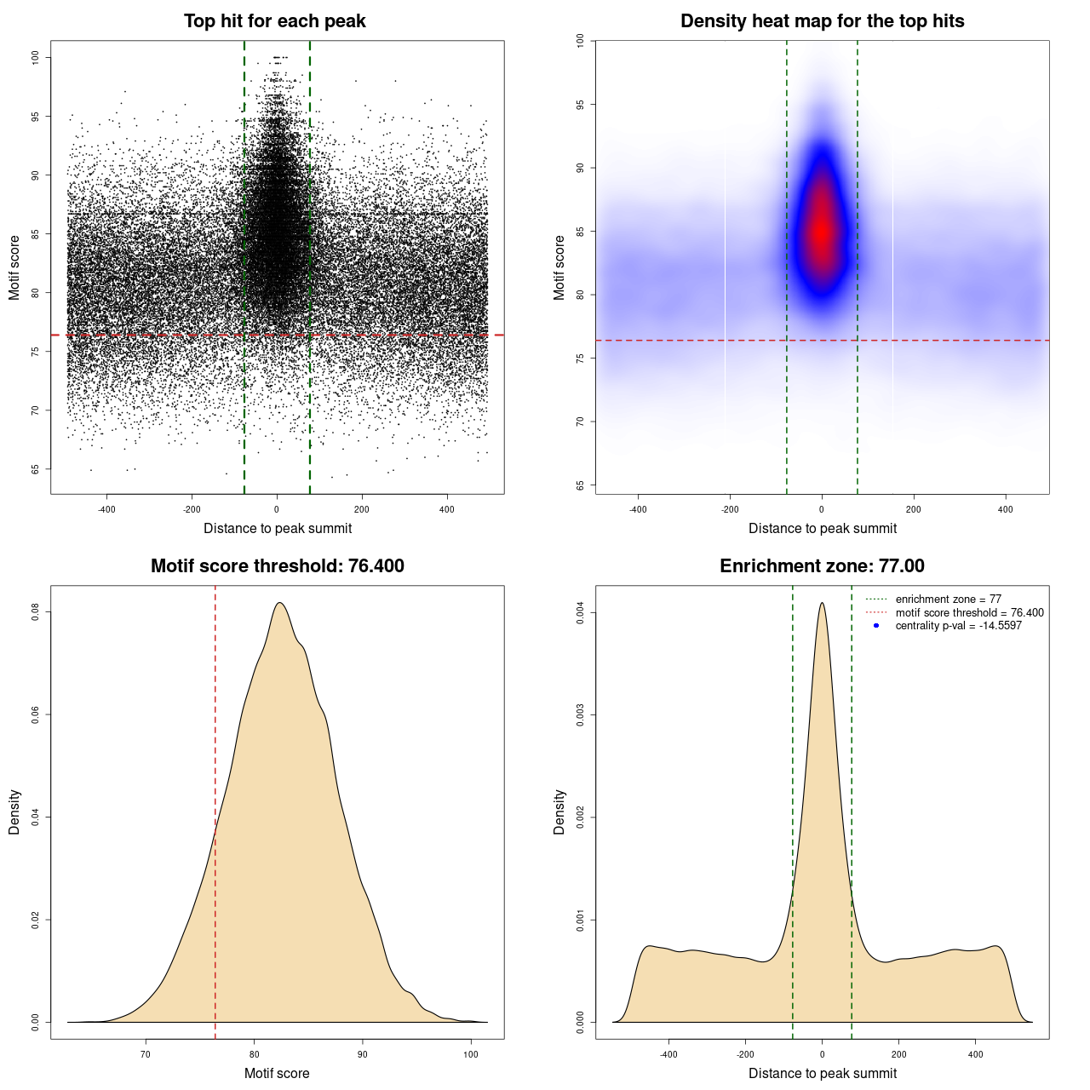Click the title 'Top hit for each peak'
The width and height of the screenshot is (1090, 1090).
(x=274, y=21)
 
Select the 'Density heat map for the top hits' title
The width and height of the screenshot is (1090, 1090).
(x=822, y=21)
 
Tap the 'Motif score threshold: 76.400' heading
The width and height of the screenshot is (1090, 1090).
(x=277, y=566)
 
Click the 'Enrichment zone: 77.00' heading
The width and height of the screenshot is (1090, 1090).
(x=822, y=566)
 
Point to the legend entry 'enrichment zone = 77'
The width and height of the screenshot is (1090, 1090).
(x=948, y=599)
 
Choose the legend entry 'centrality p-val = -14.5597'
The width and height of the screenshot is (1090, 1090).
(x=958, y=626)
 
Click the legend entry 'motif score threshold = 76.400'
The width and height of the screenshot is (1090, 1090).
(x=969, y=613)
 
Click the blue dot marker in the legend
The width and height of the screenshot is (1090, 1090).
(x=876, y=626)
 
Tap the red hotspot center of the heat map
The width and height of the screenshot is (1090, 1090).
(x=822, y=232)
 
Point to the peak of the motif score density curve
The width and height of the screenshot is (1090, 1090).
(x=278, y=603)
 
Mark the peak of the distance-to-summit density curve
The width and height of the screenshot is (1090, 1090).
(x=822, y=603)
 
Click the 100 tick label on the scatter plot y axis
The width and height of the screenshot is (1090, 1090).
(x=36, y=57)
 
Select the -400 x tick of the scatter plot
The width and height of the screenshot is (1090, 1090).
(x=106, y=510)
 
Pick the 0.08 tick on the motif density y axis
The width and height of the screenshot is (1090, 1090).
(x=36, y=612)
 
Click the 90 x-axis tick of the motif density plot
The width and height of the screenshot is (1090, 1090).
(x=363, y=1055)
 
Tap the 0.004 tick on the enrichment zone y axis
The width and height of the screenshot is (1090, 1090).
(x=581, y=613)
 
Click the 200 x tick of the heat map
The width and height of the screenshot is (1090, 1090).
(x=914, y=510)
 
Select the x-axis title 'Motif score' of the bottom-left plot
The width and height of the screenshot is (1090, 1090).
(x=277, y=1073)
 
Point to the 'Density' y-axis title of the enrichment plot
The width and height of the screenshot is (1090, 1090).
(x=559, y=812)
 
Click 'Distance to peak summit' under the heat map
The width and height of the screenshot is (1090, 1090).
(x=822, y=528)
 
